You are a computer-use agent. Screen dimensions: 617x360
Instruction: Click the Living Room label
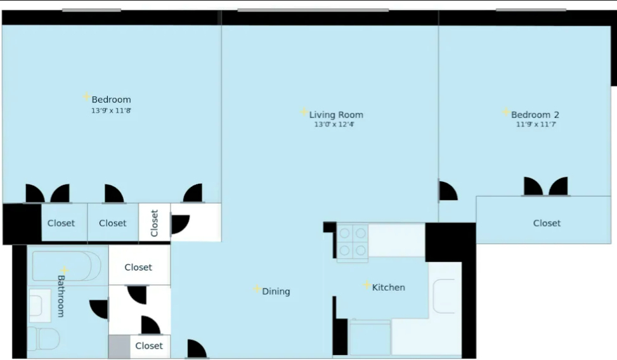(x=336, y=115)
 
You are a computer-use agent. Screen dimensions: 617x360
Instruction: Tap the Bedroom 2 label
(x=535, y=115)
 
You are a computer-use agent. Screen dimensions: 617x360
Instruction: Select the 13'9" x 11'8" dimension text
(x=111, y=110)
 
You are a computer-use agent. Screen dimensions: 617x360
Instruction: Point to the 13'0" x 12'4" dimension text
(x=334, y=124)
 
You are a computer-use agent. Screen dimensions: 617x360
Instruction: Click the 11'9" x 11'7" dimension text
(x=536, y=124)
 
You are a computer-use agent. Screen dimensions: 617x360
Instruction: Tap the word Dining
(x=276, y=292)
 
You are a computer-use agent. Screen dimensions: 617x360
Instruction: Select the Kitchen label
(x=388, y=288)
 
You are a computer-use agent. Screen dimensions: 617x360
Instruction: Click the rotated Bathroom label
(x=61, y=296)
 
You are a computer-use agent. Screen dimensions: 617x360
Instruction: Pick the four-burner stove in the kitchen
(x=352, y=242)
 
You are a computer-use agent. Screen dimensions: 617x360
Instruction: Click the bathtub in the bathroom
(x=67, y=266)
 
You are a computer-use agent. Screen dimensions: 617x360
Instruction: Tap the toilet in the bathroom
(x=44, y=338)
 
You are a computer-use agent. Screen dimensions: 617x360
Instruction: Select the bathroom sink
(x=40, y=305)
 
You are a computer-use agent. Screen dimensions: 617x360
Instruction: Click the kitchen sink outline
(x=444, y=296)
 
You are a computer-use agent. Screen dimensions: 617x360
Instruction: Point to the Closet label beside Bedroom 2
(x=547, y=223)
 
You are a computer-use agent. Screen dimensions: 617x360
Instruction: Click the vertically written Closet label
(x=154, y=223)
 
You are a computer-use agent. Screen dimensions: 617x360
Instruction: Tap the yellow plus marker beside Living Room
(x=304, y=112)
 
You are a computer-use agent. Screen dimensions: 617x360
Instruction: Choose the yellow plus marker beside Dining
(x=257, y=289)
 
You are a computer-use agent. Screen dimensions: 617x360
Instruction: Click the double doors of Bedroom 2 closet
(x=546, y=186)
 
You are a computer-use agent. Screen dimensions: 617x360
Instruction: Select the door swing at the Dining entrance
(x=197, y=349)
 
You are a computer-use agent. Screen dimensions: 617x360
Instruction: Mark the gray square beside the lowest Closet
(x=119, y=347)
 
